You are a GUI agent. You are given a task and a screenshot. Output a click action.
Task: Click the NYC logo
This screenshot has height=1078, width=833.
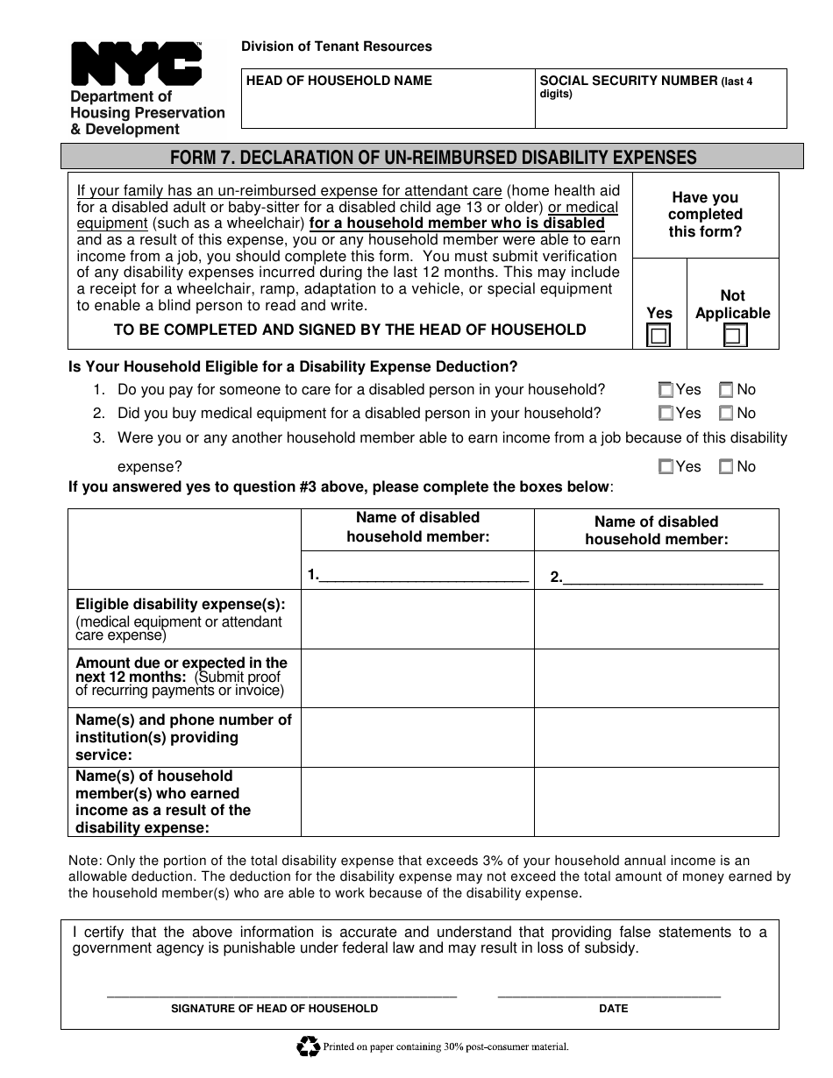point(136,63)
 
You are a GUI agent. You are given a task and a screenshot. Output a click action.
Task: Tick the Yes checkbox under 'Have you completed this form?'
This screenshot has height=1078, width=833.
point(658,336)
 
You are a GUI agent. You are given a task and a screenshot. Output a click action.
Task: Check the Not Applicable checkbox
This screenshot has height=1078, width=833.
point(735,336)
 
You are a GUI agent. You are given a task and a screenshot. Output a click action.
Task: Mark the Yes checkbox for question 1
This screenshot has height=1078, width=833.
point(666,390)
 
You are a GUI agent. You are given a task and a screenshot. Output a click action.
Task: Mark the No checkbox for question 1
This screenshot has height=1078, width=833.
point(726,390)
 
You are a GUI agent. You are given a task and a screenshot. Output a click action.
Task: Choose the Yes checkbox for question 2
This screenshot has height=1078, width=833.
point(666,414)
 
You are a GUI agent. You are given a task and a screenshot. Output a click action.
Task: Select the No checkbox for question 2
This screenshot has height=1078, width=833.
point(726,414)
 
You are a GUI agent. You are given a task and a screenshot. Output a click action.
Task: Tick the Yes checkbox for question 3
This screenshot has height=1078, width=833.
point(666,467)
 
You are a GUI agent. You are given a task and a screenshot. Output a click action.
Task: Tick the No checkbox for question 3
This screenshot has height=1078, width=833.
point(726,467)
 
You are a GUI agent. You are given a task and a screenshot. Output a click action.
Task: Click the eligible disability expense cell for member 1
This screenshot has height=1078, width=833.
point(417,619)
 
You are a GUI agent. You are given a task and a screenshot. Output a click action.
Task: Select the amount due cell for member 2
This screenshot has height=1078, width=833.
point(656,678)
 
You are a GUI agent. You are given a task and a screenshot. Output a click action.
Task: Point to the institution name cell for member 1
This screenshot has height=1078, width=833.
point(417,737)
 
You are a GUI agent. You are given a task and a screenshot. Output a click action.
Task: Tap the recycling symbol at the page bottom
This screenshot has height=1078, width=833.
point(309,1046)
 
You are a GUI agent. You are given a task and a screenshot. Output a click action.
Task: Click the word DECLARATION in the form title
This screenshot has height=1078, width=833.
point(311,157)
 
